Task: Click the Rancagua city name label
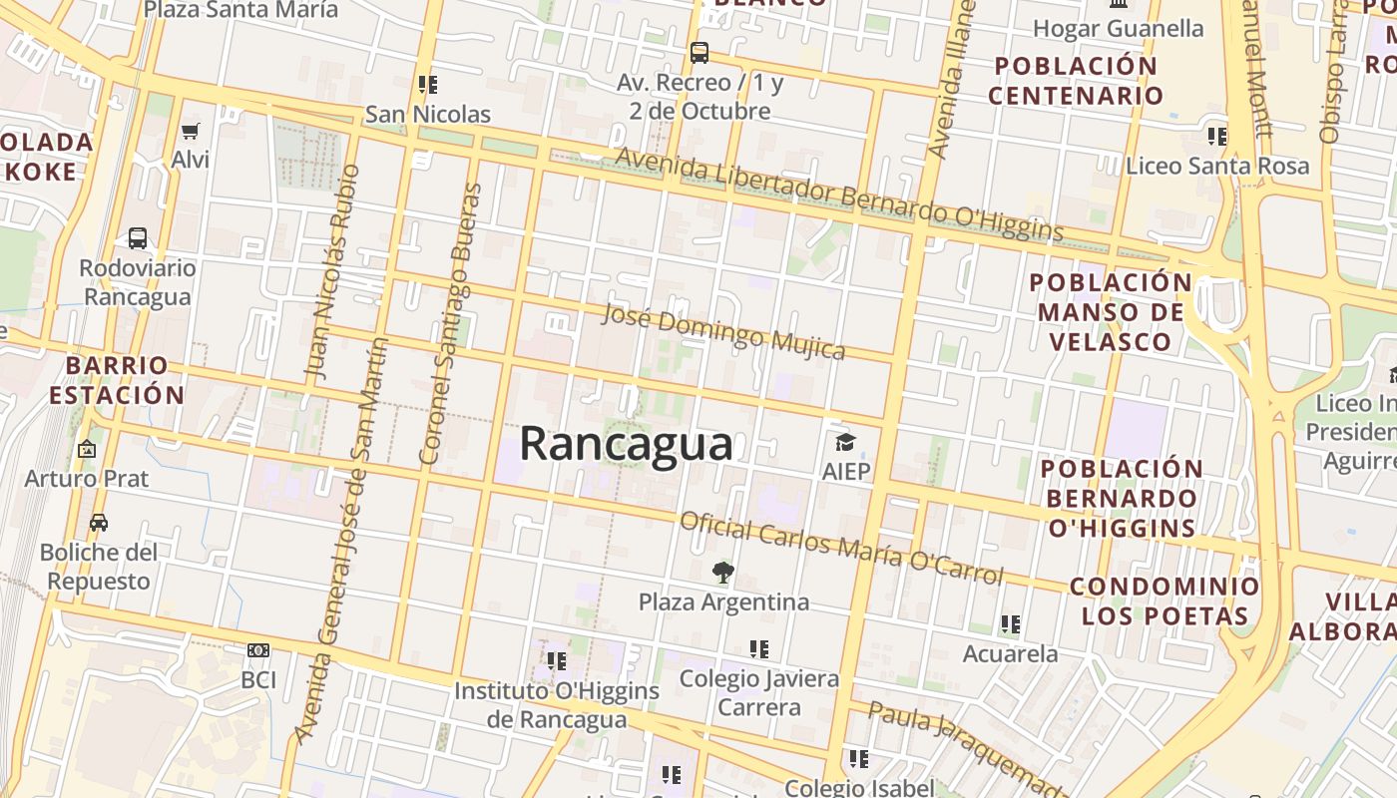click(x=626, y=443)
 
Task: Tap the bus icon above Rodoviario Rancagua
click(x=138, y=238)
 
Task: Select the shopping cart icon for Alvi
click(x=191, y=131)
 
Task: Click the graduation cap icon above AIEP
click(x=845, y=442)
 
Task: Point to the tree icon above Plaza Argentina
click(x=723, y=573)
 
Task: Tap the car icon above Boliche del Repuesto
click(x=99, y=523)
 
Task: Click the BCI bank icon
click(x=258, y=650)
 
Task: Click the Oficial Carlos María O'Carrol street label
click(x=841, y=548)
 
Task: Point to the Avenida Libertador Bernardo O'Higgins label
click(x=838, y=194)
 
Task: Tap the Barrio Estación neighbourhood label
click(x=117, y=380)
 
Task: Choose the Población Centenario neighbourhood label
click(x=1076, y=81)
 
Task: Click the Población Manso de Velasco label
click(x=1110, y=311)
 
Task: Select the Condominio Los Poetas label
click(x=1164, y=600)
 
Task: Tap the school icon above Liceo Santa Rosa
click(x=1216, y=136)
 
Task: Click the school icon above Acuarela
click(x=1010, y=624)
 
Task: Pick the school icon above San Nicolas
click(x=428, y=85)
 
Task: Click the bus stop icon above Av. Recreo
click(x=699, y=52)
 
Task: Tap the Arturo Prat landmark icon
click(x=87, y=450)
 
